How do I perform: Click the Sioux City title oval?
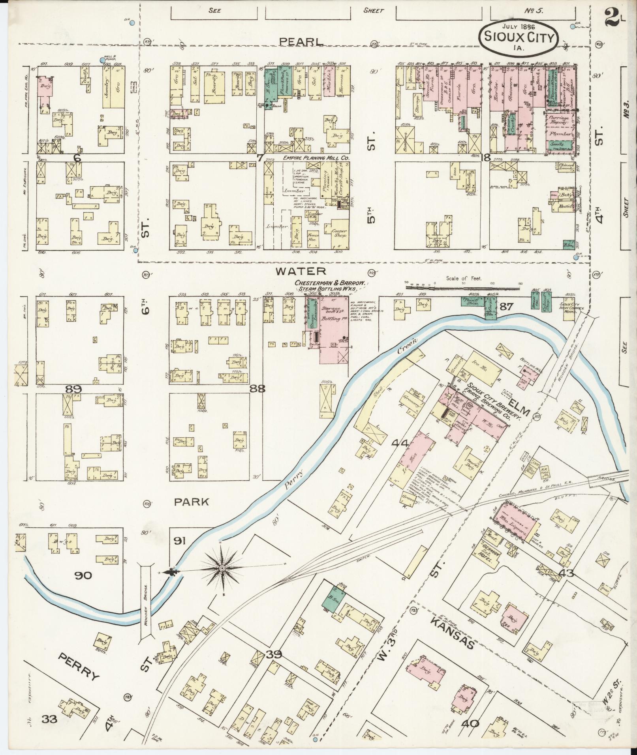pos(519,37)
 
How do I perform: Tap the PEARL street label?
pos(301,41)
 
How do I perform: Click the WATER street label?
pos(301,271)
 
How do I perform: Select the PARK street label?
pos(192,502)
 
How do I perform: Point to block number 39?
pos(274,654)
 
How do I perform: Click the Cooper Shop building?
pos(339,233)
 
